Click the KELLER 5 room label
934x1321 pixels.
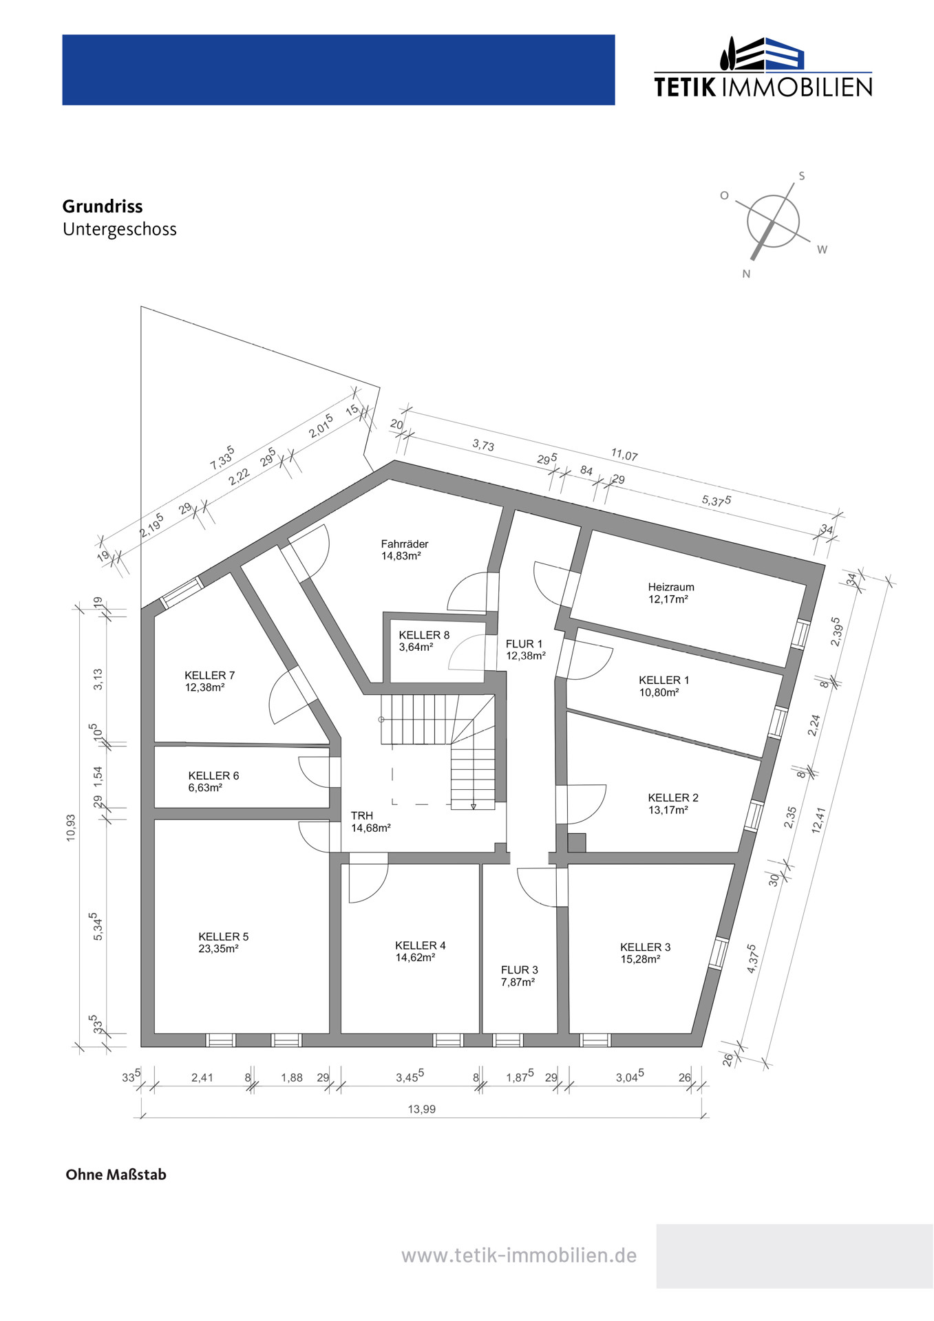[224, 936]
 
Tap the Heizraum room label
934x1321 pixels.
[671, 587]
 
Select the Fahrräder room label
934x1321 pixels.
[405, 544]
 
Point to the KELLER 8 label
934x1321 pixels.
[424, 635]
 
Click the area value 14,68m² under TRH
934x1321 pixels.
[371, 828]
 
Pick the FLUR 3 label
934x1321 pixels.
[520, 970]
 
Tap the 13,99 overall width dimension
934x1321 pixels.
[422, 1109]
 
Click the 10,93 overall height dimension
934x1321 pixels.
[71, 828]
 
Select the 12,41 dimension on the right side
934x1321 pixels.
[818, 820]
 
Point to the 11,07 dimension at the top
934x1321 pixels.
[624, 455]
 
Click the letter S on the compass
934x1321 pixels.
[802, 176]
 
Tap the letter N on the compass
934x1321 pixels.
[746, 274]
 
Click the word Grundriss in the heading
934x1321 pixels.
[103, 206]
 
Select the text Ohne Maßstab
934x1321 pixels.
[116, 1174]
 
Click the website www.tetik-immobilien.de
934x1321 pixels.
[519, 1256]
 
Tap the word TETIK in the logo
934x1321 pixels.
[685, 87]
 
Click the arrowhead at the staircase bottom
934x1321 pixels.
[474, 806]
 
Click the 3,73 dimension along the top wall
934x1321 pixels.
[483, 445]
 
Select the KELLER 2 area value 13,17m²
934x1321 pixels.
[668, 810]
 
